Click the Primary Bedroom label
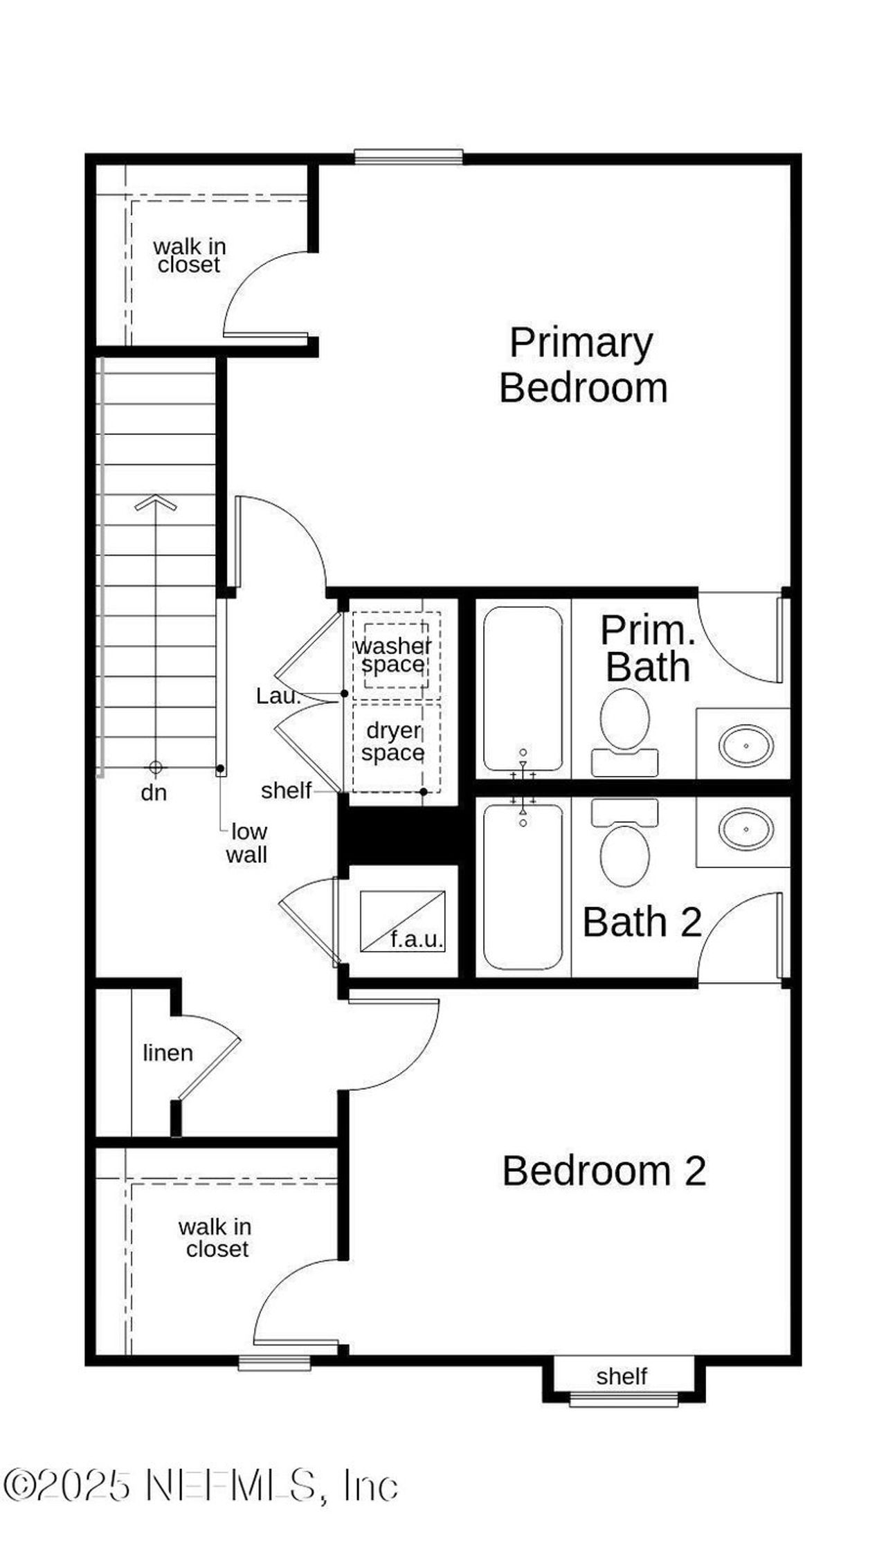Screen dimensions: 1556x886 point(583,365)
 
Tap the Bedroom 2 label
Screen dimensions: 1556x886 point(604,1171)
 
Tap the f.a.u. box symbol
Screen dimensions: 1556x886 point(402,921)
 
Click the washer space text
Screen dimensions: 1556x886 point(393,655)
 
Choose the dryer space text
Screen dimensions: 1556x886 point(393,741)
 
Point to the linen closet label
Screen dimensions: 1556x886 point(168,1053)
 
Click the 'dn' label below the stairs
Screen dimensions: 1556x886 point(154,793)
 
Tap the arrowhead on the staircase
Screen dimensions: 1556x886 point(156,503)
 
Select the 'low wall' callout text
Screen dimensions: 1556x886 point(247,843)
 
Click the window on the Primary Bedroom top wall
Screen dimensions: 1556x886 point(408,158)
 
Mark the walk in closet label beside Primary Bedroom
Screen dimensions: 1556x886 point(189,255)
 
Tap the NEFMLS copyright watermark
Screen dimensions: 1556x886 point(201,1485)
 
